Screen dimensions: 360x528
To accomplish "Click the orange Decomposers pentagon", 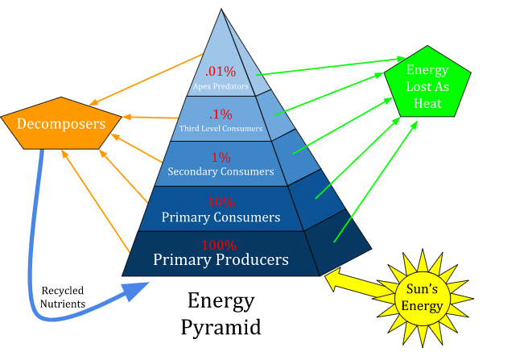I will click(x=61, y=124).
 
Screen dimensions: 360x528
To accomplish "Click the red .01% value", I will click(x=220, y=70).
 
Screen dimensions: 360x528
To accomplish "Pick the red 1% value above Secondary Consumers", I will click(x=221, y=157).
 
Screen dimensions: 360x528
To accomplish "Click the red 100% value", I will click(x=219, y=245).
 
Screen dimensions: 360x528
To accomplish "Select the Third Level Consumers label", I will click(x=220, y=127).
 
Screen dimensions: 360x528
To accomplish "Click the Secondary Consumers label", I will click(x=221, y=172).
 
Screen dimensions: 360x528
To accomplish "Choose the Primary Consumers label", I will click(x=221, y=217).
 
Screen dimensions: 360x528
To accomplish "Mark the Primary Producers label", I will click(x=221, y=259).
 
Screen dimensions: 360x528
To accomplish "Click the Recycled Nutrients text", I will click(x=62, y=296).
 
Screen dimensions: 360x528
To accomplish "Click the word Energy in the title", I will click(x=221, y=301).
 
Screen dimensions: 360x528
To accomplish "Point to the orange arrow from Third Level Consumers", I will click(x=149, y=118).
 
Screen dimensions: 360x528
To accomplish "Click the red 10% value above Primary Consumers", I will click(x=221, y=202).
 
